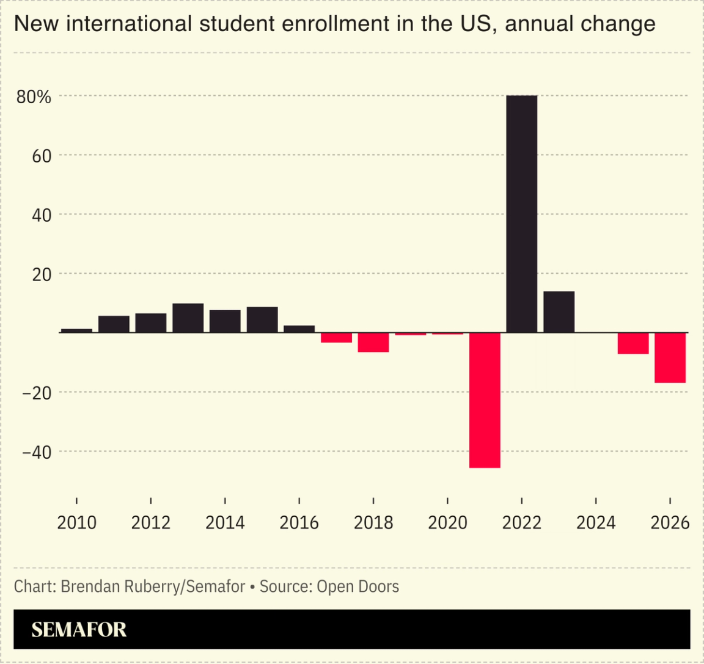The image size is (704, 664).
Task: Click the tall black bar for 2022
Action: [521, 214]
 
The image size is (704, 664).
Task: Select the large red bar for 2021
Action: [485, 400]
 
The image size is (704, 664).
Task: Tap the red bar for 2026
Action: [670, 358]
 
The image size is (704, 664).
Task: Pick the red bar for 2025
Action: [633, 343]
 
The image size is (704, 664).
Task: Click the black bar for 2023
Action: [559, 312]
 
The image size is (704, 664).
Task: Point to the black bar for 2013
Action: [188, 318]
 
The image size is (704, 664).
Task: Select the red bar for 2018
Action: [373, 343]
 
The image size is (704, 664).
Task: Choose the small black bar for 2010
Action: [77, 330]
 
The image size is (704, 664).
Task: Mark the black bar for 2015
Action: [262, 320]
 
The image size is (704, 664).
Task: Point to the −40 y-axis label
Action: [36, 452]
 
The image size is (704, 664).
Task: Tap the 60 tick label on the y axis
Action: [42, 156]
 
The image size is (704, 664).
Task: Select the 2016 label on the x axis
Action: [299, 523]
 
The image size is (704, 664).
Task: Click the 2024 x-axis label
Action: [596, 523]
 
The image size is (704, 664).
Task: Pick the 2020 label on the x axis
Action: [447, 523]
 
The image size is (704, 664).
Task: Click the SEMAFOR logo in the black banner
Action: [79, 629]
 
